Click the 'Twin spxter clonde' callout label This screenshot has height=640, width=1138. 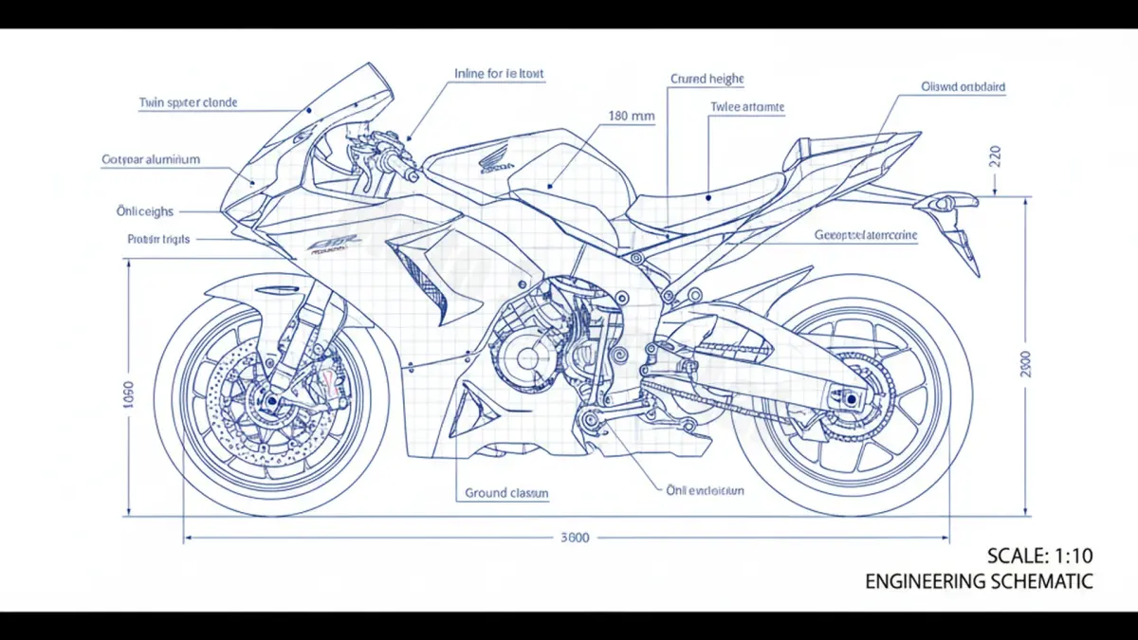click(188, 102)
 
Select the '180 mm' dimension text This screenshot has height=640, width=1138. click(631, 117)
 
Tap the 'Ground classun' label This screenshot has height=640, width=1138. click(506, 493)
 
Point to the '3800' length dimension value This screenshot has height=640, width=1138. click(575, 538)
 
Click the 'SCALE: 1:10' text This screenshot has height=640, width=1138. click(1040, 557)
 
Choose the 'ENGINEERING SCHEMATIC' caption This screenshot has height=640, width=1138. click(979, 581)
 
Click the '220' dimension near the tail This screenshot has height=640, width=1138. click(995, 155)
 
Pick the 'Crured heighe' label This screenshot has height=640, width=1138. click(707, 80)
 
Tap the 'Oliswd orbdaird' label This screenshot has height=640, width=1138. click(963, 86)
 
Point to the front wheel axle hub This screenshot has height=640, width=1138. click(272, 401)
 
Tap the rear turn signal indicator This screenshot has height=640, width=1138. click(944, 202)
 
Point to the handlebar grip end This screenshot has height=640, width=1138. click(410, 175)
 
